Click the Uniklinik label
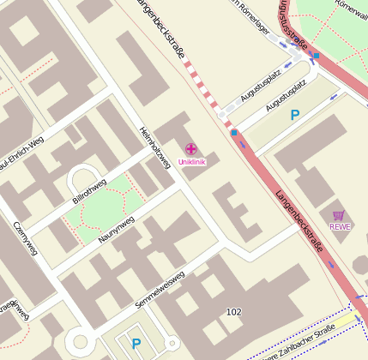(x=191, y=162)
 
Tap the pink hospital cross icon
(x=190, y=150)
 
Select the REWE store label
(x=341, y=227)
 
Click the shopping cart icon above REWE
(x=338, y=215)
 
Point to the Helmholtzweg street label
(x=155, y=148)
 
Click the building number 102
(x=233, y=311)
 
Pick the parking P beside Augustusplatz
(x=295, y=114)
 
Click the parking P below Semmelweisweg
(x=136, y=344)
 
